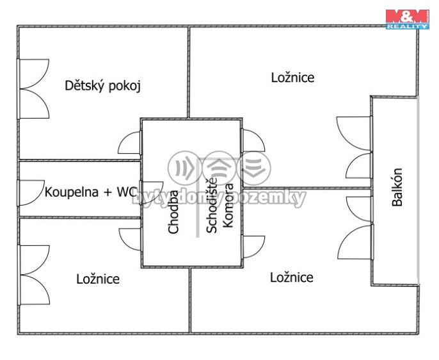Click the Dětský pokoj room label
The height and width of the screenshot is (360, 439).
102,86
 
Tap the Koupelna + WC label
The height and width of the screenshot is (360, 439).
91,192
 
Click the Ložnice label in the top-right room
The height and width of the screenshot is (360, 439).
292,78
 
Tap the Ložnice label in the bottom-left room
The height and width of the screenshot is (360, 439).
98,279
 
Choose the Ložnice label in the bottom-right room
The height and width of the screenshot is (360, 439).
292,277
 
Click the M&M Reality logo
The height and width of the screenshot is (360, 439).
407,19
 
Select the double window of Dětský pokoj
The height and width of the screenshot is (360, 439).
34,88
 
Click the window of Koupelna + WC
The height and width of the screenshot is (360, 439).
29,191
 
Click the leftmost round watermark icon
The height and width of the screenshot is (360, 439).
184,168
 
